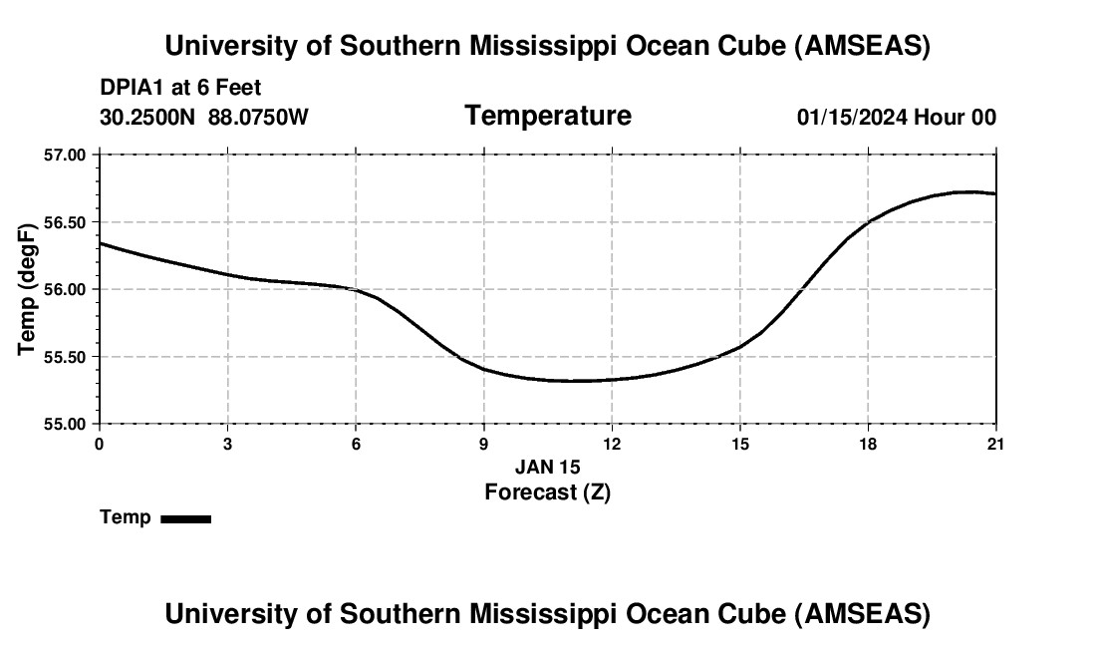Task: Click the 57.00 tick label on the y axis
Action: pos(66,155)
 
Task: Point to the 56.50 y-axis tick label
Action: pos(66,222)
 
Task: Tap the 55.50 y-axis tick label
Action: pos(66,357)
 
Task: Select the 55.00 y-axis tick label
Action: pos(66,424)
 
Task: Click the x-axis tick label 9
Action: pos(484,444)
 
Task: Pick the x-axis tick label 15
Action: pos(740,444)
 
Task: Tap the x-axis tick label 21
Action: pos(996,444)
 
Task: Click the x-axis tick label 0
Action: pos(100,444)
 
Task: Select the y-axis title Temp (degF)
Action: pos(28,289)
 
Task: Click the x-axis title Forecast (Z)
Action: pos(547,491)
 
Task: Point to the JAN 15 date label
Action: pos(547,467)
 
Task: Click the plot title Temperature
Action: pos(547,116)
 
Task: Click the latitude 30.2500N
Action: pos(149,117)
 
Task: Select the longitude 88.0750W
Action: pos(258,117)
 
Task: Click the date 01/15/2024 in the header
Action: pos(851,117)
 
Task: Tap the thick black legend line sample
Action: pos(185,518)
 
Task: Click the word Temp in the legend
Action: pos(126,517)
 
